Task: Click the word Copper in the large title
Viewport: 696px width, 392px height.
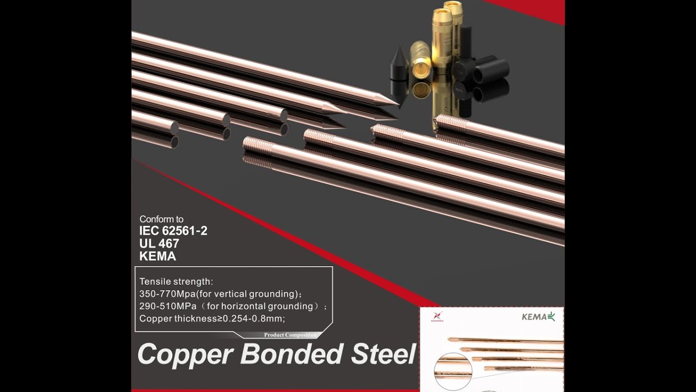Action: coord(185,355)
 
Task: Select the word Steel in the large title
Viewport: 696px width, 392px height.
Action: coord(383,354)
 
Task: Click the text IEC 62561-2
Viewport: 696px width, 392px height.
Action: coord(173,231)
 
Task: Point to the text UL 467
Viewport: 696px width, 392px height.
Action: coord(159,243)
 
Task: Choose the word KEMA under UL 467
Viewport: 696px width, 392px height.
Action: coord(158,256)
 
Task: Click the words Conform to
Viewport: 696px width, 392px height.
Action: coord(161,219)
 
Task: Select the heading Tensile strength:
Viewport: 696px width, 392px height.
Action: coord(176,282)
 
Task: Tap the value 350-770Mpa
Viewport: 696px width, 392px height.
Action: coord(169,294)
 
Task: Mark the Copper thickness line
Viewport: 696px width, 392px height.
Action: coord(212,318)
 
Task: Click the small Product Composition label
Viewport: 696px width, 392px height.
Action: coord(290,335)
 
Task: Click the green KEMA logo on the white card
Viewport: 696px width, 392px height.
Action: coord(538,317)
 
